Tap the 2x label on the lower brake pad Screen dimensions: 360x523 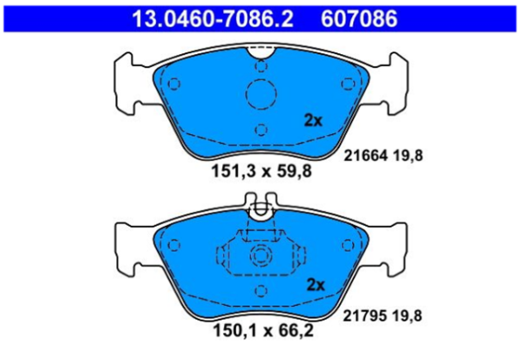[314, 284]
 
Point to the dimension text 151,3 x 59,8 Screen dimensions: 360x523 [260, 171]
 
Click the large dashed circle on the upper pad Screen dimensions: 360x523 [260, 93]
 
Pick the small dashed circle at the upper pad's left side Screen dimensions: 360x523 [173, 85]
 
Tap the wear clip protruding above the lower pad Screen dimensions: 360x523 [260, 209]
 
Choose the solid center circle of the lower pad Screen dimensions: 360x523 [260, 256]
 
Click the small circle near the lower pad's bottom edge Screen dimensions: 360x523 [260, 294]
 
